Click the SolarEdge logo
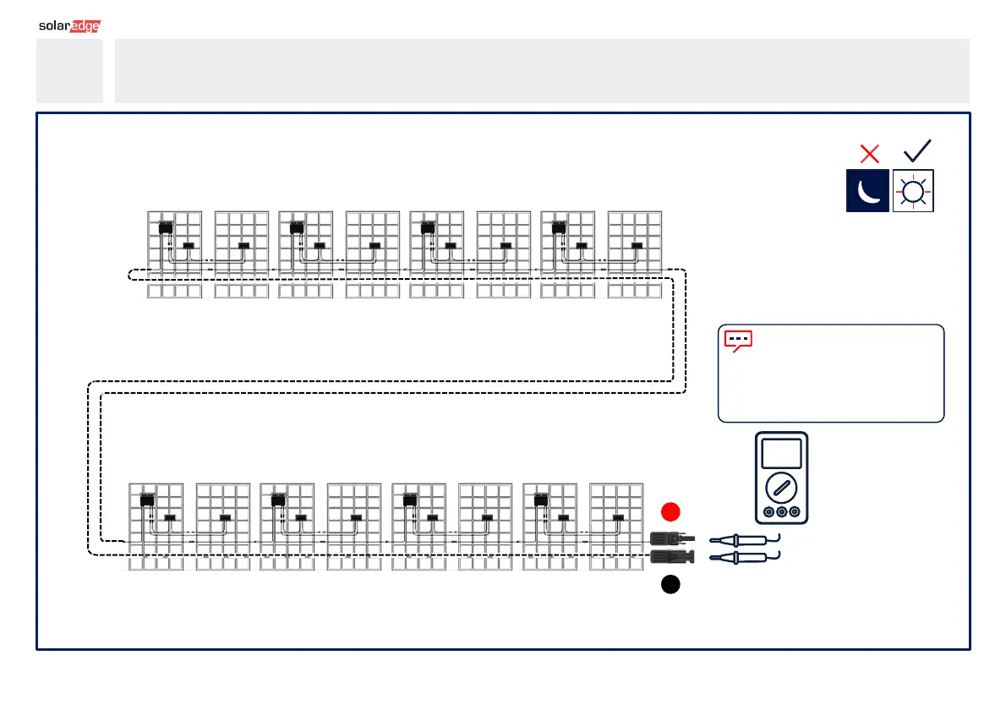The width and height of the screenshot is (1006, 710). (69, 25)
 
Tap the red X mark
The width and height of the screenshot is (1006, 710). (869, 154)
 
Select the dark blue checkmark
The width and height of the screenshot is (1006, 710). (917, 150)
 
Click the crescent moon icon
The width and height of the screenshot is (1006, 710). (867, 191)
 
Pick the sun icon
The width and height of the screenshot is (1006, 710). (913, 192)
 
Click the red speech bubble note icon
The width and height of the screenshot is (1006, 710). (738, 341)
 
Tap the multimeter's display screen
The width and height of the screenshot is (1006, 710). (781, 454)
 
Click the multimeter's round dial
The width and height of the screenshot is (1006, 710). (781, 488)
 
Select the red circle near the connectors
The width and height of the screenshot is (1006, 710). (670, 511)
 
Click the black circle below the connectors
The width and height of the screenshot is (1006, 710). (670, 585)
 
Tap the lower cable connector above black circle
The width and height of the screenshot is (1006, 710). (668, 556)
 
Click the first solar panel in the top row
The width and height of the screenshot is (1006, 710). (174, 254)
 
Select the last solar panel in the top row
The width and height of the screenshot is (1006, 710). (635, 254)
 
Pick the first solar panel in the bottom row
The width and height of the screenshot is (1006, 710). (156, 526)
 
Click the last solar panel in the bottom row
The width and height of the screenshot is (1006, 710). (616, 526)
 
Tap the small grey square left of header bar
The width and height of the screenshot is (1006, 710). (69, 71)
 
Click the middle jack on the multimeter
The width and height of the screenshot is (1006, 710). (781, 512)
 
